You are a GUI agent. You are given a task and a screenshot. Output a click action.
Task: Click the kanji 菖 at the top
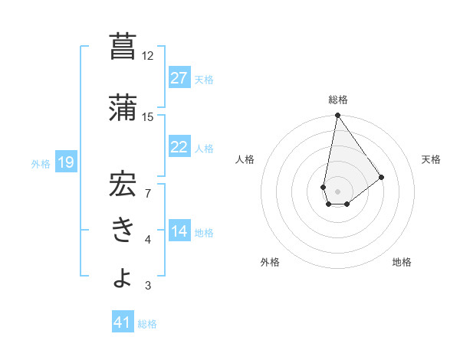[123, 47]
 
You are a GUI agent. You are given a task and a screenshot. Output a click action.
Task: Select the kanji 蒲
[123, 107]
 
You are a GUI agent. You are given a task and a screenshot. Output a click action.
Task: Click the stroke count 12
[148, 56]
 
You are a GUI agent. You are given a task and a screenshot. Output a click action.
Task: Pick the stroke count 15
[148, 116]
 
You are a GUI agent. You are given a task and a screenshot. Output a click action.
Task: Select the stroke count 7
[148, 192]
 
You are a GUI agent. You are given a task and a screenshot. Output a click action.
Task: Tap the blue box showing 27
[179, 78]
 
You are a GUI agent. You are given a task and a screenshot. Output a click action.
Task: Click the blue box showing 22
[179, 147]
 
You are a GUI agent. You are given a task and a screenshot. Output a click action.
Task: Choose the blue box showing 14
[179, 231]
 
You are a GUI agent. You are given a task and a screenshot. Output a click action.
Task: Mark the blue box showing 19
[65, 162]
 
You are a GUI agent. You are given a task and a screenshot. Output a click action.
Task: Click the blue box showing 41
[122, 322]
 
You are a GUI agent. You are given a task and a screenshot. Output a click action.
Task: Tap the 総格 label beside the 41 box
[147, 324]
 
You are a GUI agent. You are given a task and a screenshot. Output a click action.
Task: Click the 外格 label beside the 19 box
[41, 163]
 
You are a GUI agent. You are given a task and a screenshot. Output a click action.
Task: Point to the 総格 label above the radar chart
[337, 100]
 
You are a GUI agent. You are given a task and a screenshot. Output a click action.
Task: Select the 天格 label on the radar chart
[432, 159]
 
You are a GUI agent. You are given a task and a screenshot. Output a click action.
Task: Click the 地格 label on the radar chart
[402, 262]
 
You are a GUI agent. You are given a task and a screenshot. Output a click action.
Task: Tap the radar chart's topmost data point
[337, 116]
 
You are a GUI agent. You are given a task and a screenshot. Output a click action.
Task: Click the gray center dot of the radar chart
[337, 190]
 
